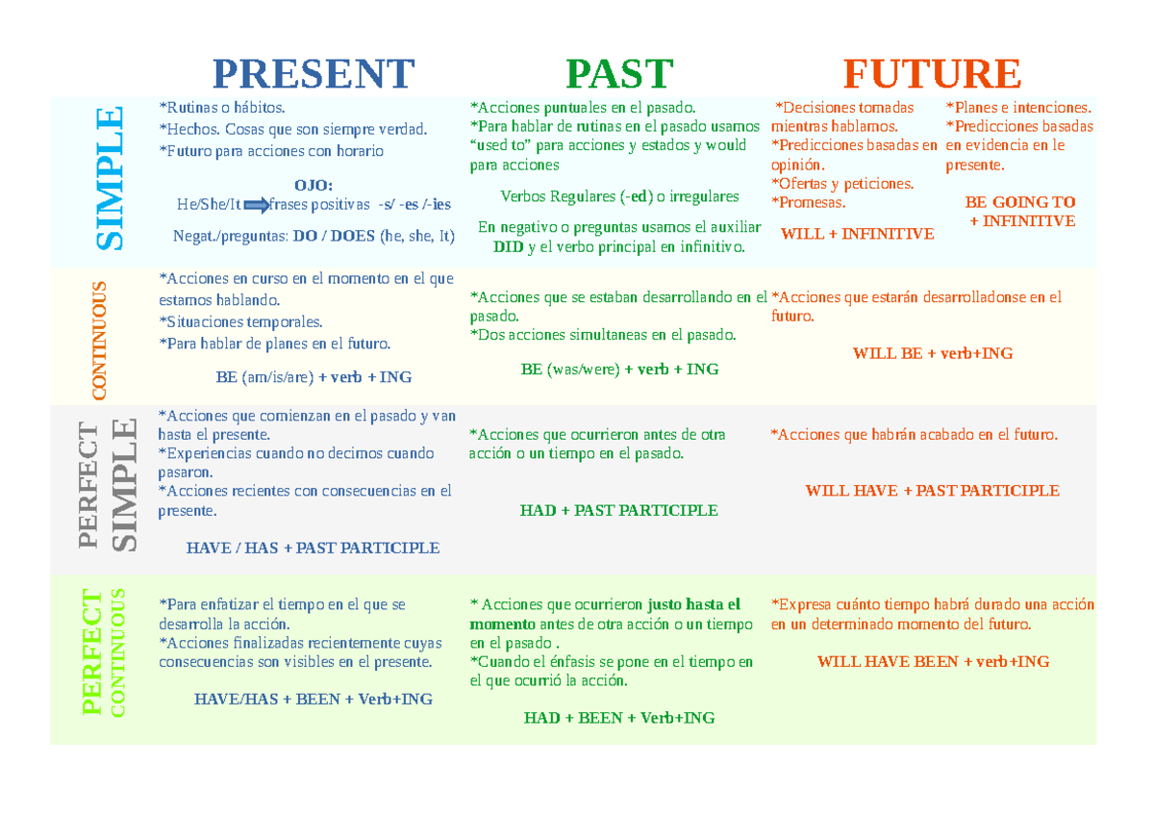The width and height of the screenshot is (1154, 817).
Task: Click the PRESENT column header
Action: click(x=313, y=74)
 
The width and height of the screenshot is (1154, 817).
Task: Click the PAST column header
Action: click(x=619, y=74)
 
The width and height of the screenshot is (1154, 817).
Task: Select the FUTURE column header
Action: click(x=932, y=74)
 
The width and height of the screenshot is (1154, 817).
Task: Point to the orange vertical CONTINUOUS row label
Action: click(x=99, y=339)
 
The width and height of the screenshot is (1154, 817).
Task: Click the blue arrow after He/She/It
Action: click(x=257, y=204)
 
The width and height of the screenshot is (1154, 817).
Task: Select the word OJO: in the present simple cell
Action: click(x=314, y=185)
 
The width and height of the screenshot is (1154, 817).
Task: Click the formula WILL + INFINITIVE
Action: click(x=857, y=234)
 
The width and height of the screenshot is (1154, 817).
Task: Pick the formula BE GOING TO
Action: click(x=1019, y=202)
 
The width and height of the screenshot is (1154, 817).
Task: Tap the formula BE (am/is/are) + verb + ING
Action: click(x=314, y=376)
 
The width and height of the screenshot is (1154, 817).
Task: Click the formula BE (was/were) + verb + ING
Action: click(x=619, y=369)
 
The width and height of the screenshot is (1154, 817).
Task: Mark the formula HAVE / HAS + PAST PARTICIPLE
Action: click(x=313, y=548)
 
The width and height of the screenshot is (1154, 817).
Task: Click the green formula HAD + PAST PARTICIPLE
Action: click(x=618, y=510)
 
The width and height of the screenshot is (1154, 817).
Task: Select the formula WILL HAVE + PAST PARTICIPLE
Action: click(x=932, y=491)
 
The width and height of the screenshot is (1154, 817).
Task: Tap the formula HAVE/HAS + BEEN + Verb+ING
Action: click(x=313, y=699)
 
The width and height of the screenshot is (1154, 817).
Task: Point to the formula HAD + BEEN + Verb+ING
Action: click(x=618, y=718)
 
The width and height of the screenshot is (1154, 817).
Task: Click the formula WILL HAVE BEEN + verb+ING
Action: click(x=932, y=661)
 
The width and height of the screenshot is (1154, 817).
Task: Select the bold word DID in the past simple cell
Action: click(x=508, y=247)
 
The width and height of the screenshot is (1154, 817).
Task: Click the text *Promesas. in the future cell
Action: click(x=809, y=202)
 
